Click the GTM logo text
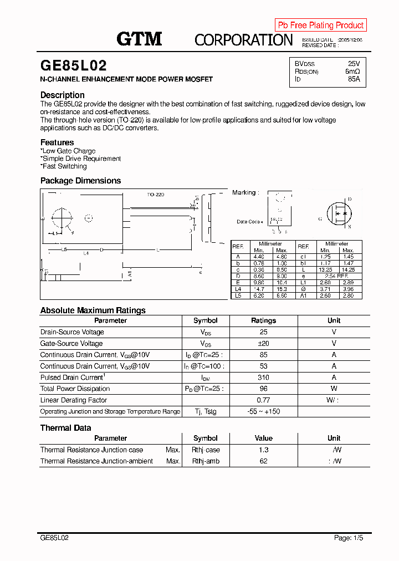point(139,39)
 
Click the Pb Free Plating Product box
point(320,25)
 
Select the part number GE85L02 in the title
point(73,66)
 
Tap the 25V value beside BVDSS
point(354,64)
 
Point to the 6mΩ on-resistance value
point(352,72)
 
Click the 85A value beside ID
point(354,79)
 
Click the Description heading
point(63,95)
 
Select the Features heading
point(57,142)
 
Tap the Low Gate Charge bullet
point(68,151)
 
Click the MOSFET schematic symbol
point(339,213)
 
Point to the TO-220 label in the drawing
point(156,195)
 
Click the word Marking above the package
point(244,192)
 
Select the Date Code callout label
point(249,222)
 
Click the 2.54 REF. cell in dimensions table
point(336,276)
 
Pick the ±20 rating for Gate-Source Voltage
point(263,344)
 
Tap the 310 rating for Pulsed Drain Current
point(263,378)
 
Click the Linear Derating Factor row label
point(74,400)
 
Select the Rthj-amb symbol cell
point(206,461)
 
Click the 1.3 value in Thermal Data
point(263,450)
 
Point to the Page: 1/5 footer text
point(349,538)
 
